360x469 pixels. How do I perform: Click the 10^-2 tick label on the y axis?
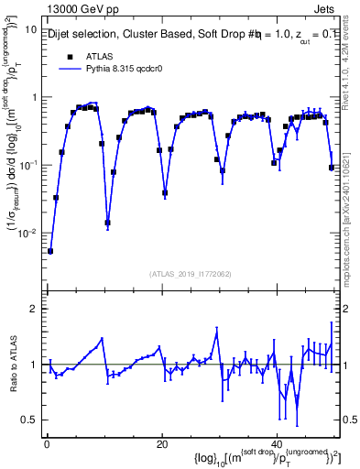pos(27,234)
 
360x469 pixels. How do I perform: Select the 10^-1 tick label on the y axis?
pos(27,166)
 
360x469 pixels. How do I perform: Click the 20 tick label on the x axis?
pos(161,443)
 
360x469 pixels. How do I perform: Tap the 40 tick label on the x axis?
pos(276,443)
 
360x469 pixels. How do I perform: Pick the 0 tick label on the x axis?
pos(46,443)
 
